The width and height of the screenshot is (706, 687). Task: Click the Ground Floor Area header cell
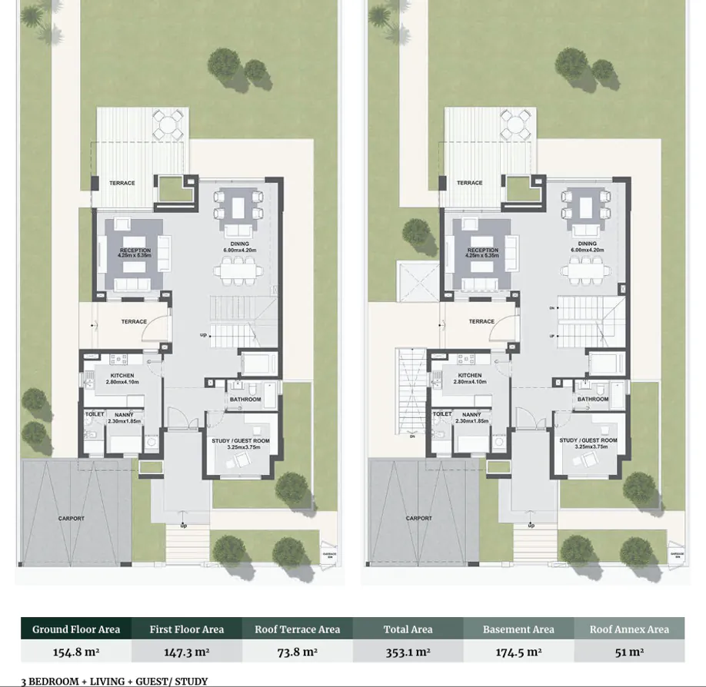pyautogui.click(x=76, y=629)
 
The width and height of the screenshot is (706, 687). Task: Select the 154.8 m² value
pyautogui.click(x=76, y=652)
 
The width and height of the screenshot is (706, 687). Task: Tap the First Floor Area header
pyautogui.click(x=187, y=629)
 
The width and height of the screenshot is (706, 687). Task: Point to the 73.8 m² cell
pyautogui.click(x=298, y=652)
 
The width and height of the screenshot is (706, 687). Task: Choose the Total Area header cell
pyautogui.click(x=408, y=629)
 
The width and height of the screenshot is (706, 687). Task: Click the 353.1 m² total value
pyautogui.click(x=408, y=652)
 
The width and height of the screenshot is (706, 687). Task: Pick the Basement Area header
pyautogui.click(x=518, y=629)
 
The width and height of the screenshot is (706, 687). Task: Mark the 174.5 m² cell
pyautogui.click(x=518, y=652)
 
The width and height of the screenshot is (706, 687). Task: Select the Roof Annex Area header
pyautogui.click(x=629, y=629)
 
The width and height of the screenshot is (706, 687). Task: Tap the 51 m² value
pyautogui.click(x=629, y=652)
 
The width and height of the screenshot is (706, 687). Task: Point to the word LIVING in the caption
pyautogui.click(x=107, y=682)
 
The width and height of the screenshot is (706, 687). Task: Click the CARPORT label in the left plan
pyautogui.click(x=72, y=519)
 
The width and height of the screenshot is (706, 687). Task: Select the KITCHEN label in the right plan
pyautogui.click(x=469, y=376)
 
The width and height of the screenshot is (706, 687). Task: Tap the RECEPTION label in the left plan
pyautogui.click(x=135, y=251)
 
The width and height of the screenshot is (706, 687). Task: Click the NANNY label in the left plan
pyautogui.click(x=125, y=415)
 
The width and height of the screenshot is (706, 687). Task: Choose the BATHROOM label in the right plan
pyautogui.click(x=593, y=400)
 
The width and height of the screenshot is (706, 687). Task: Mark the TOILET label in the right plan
pyautogui.click(x=442, y=414)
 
